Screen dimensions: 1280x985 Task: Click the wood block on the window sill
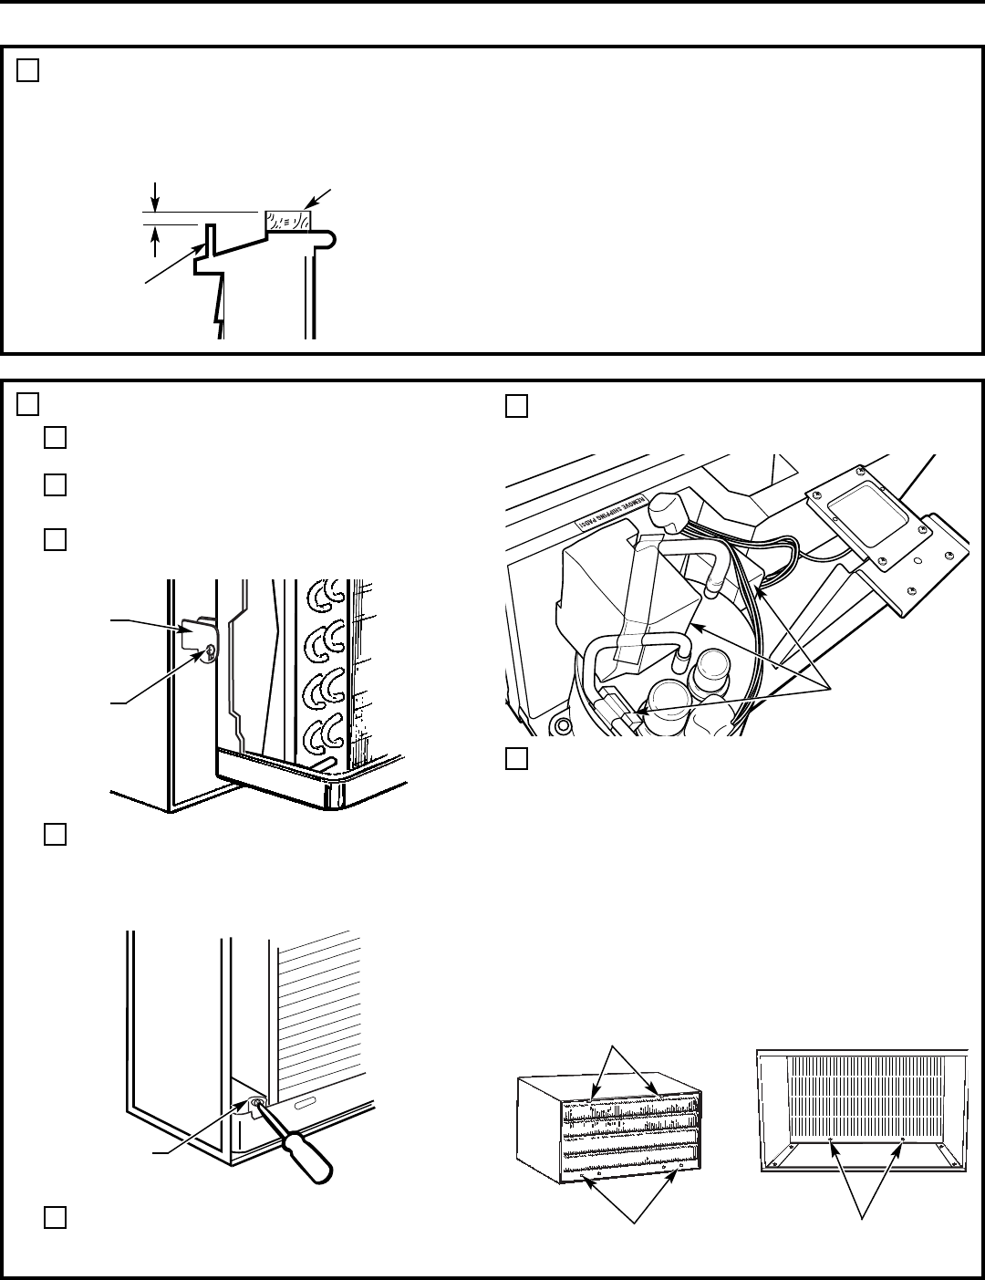[x=287, y=220]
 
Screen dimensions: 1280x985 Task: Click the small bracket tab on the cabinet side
[x=197, y=634]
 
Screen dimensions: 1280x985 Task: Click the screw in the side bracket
[x=210, y=650]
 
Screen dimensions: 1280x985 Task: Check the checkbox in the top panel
[x=27, y=71]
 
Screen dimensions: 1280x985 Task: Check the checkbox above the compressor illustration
[x=516, y=406]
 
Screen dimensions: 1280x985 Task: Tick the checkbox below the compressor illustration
[x=516, y=758]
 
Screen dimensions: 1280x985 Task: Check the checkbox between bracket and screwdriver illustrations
[x=54, y=836]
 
